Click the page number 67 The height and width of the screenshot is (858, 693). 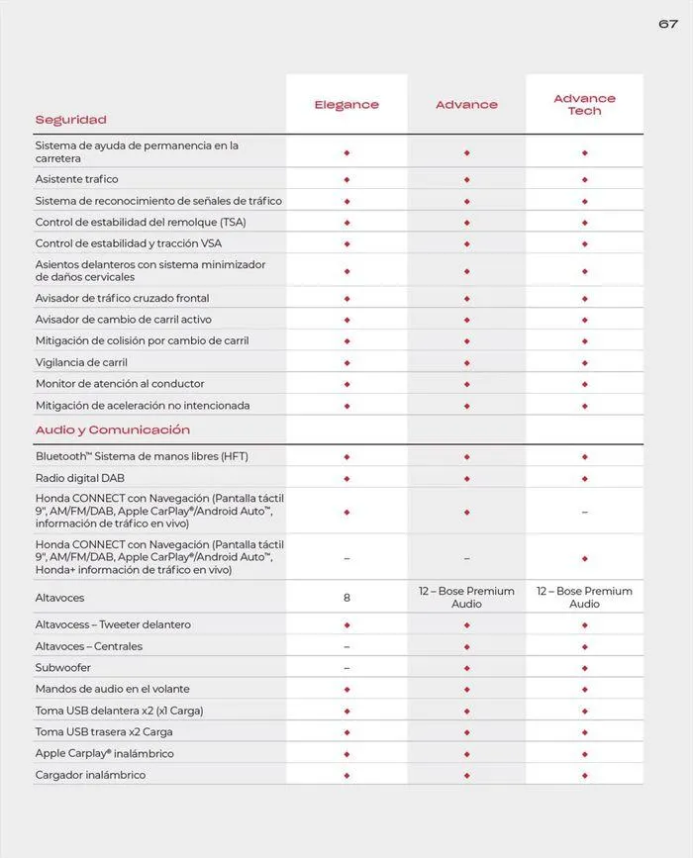tap(668, 24)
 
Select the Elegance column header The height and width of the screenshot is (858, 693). tap(346, 105)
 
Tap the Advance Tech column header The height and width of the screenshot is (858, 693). tap(584, 105)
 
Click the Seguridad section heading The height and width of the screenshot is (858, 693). tap(70, 120)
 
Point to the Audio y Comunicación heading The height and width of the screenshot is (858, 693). tap(112, 430)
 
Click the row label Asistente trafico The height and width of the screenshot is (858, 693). tap(76, 179)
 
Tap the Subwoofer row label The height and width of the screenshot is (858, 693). tap(63, 668)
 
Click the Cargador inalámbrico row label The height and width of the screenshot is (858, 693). tap(90, 775)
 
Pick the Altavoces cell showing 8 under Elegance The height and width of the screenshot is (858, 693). tap(346, 598)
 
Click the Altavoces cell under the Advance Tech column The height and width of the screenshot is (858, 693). tap(584, 598)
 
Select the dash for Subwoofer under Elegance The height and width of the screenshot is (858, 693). tap(346, 668)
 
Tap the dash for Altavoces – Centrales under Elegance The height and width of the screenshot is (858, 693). tap(346, 646)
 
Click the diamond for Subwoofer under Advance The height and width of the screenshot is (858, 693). tap(466, 668)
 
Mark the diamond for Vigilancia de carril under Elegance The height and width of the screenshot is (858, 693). tap(346, 362)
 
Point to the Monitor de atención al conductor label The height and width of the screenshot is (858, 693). tap(120, 384)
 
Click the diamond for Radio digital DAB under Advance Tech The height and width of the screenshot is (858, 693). tap(584, 478)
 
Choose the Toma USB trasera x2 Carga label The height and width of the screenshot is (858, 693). tap(104, 732)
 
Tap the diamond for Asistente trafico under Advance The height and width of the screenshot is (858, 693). tap(466, 179)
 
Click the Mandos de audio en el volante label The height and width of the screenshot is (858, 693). tap(112, 689)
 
